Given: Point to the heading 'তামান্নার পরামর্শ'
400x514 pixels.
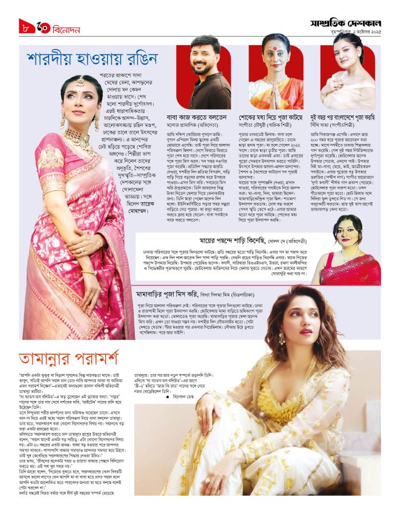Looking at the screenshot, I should (x=69, y=359).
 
